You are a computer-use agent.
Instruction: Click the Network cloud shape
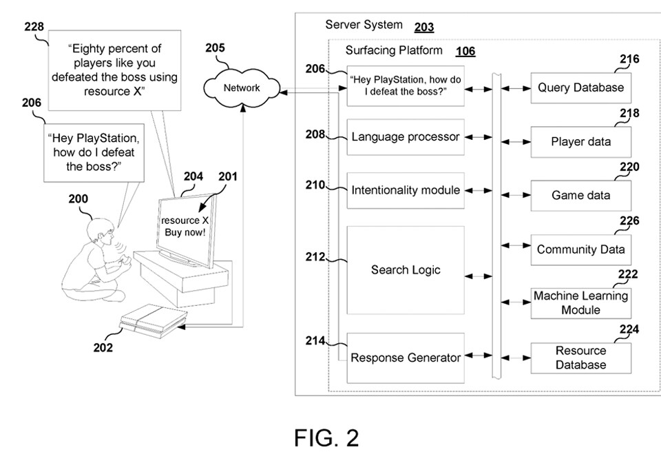(241, 88)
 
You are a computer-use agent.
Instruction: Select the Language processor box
(405, 137)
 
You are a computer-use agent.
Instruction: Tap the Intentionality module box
(405, 190)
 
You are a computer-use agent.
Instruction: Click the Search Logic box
(405, 270)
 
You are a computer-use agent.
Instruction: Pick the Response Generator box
(405, 358)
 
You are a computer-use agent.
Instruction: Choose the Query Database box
(580, 88)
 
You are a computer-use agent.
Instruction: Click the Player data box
(580, 142)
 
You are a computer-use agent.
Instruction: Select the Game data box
(580, 196)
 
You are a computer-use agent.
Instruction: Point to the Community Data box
(580, 249)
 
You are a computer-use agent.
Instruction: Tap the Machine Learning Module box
(580, 303)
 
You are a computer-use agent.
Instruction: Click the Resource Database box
(580, 358)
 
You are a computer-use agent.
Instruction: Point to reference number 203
(424, 28)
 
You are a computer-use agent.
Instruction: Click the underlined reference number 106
(465, 52)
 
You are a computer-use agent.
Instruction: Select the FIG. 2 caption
(326, 437)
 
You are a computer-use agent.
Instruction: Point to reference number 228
(34, 27)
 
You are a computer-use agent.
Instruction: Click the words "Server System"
(364, 25)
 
